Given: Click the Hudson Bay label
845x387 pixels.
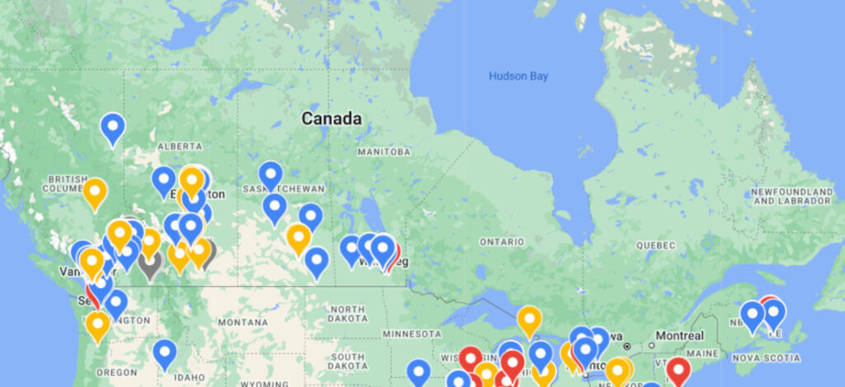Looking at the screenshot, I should click(518, 76).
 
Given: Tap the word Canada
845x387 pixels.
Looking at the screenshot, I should click(331, 119).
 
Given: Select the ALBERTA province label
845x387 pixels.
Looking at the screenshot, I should click(180, 146).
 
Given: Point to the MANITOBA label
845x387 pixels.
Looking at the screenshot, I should click(384, 153).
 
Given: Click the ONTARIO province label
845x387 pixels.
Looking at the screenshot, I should click(502, 242).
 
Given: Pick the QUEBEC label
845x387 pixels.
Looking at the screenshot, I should click(656, 245).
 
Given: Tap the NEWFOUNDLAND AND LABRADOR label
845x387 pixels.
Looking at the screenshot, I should click(791, 196).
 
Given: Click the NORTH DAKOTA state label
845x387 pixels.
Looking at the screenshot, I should click(347, 313).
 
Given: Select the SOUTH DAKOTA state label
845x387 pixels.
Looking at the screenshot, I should click(347, 361).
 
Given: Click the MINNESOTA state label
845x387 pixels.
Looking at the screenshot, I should click(413, 333).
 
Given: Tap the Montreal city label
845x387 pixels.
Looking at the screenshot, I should click(676, 336).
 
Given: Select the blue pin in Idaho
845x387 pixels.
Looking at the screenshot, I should click(165, 354).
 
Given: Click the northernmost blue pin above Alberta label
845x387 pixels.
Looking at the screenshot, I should click(113, 128).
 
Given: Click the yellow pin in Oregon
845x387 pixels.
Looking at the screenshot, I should click(97, 326).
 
